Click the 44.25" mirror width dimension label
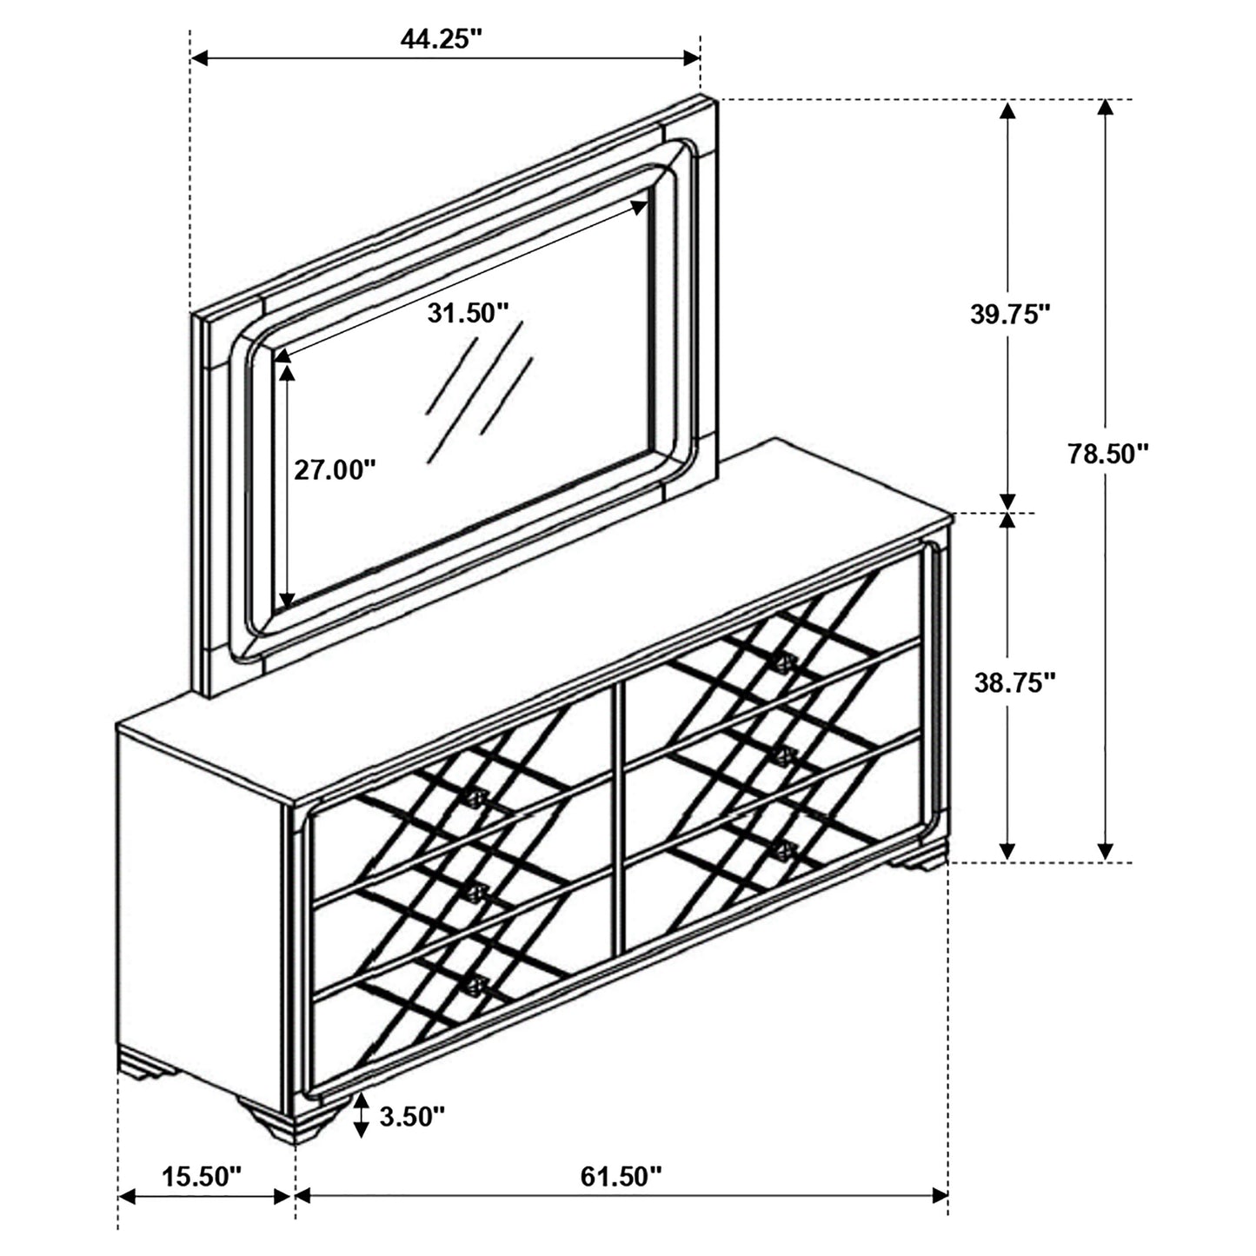441,39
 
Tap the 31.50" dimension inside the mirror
467,313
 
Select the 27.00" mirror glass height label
335,470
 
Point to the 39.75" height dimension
1011,315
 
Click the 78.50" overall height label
1108,454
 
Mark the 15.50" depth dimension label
202,1177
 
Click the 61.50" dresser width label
621,1177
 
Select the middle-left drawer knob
474,892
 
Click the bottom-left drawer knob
475,985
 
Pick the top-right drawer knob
786,663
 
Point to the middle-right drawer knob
786,754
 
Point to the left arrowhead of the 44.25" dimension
199,58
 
